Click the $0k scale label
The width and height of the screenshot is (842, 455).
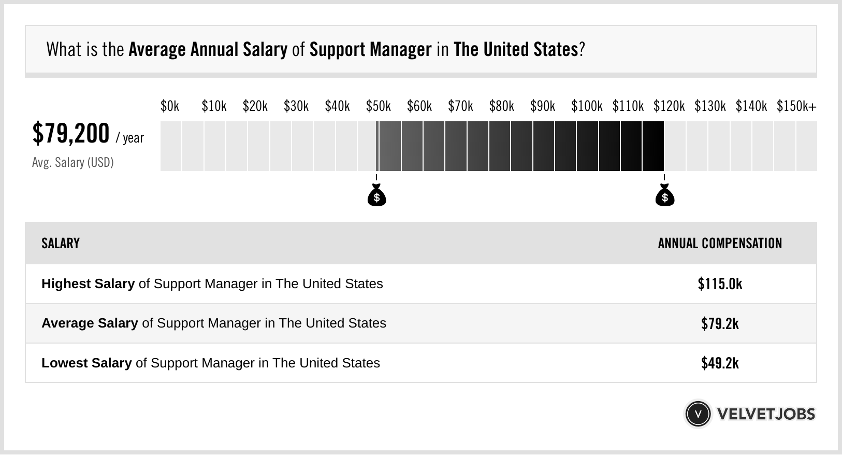[170, 106]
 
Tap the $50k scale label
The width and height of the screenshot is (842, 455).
[378, 106]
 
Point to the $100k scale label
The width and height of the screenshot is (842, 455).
[587, 106]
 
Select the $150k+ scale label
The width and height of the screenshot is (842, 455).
[796, 106]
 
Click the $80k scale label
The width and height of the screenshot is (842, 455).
[501, 106]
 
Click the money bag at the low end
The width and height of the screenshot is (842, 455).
[376, 195]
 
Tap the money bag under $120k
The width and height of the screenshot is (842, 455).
[665, 195]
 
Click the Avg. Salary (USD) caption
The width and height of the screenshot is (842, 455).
[72, 163]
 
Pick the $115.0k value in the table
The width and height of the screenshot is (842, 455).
[720, 284]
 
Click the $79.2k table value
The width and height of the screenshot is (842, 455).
[720, 323]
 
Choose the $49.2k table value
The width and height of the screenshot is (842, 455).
[720, 363]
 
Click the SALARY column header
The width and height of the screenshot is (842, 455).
[61, 244]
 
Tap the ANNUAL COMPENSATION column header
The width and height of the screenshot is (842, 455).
[720, 244]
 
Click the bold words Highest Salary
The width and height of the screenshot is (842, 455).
[88, 284]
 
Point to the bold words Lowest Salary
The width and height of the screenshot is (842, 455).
[86, 363]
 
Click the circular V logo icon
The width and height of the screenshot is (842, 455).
[698, 414]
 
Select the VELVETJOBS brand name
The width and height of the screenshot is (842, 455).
[766, 414]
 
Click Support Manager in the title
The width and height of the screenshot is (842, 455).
[370, 50]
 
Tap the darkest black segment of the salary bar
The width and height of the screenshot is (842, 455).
[653, 146]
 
